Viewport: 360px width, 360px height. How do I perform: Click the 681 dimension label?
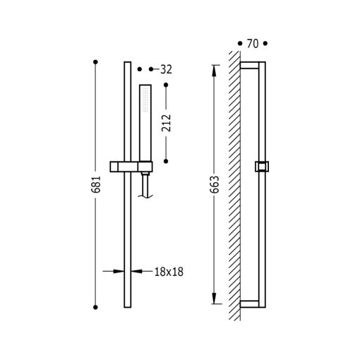coord(96,184)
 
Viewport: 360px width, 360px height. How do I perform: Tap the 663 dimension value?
coord(215,184)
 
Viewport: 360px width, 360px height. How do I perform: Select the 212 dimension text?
coord(166,123)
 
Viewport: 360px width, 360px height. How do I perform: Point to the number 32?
coord(166,69)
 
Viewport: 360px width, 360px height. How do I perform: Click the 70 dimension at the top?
coord(253,44)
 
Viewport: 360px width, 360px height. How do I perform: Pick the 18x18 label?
coord(169,272)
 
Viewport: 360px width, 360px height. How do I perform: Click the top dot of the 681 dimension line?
coord(95,62)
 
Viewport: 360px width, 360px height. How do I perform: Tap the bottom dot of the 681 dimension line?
coord(95,307)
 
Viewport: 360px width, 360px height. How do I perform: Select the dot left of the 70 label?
coord(240,44)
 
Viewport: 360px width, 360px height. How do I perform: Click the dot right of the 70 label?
coord(265,44)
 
